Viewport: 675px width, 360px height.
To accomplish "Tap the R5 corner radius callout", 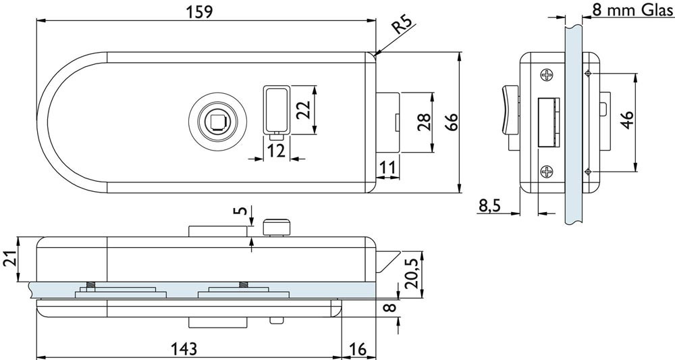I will pyautogui.click(x=403, y=26).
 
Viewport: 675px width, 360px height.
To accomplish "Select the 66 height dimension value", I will pyautogui.click(x=452, y=122).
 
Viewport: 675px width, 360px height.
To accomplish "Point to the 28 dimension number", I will pyautogui.click(x=424, y=122).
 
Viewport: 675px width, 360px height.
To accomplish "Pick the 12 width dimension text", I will pyautogui.click(x=275, y=150).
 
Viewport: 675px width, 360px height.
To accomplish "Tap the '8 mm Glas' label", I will pyautogui.click(x=632, y=11).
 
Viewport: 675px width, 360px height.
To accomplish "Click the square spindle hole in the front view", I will pyautogui.click(x=217, y=122).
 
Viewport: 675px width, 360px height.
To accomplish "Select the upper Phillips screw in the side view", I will pyautogui.click(x=545, y=75).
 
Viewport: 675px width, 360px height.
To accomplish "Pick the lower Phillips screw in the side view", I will pyautogui.click(x=545, y=172).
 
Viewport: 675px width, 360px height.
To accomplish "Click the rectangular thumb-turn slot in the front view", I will pyautogui.click(x=275, y=108).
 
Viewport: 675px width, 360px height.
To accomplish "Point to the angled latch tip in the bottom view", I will pyautogui.click(x=385, y=261).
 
